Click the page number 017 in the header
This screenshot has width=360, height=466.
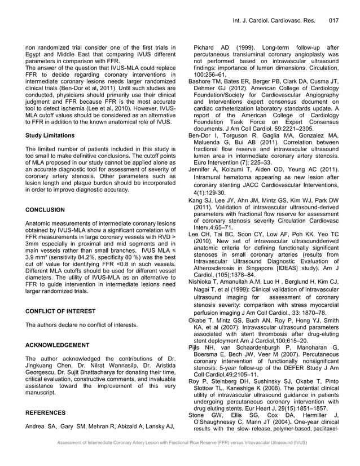tap(332, 21)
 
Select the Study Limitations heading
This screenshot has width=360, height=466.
tap(50, 135)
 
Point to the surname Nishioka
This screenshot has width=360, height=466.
tap(203, 281)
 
